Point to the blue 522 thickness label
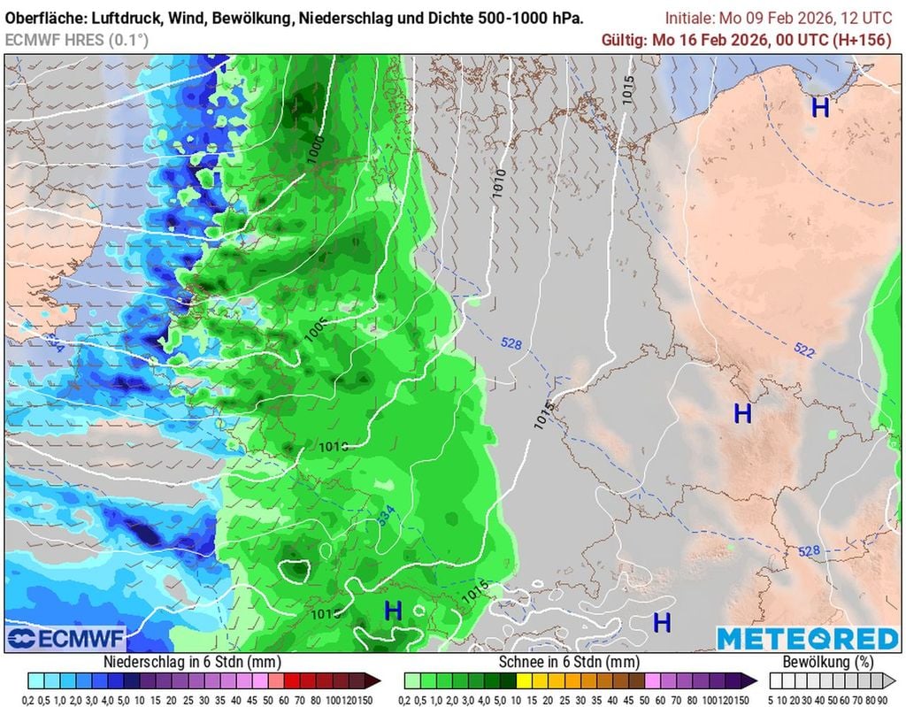coord(804,350)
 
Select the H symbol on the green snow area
coord(393,610)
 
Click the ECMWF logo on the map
coord(66,639)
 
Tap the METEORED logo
coord(807,639)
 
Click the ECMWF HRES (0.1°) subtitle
coord(76,40)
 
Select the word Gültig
coord(624,40)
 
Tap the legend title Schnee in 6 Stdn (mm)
coord(569,661)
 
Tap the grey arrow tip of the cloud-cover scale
coord(891,680)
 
